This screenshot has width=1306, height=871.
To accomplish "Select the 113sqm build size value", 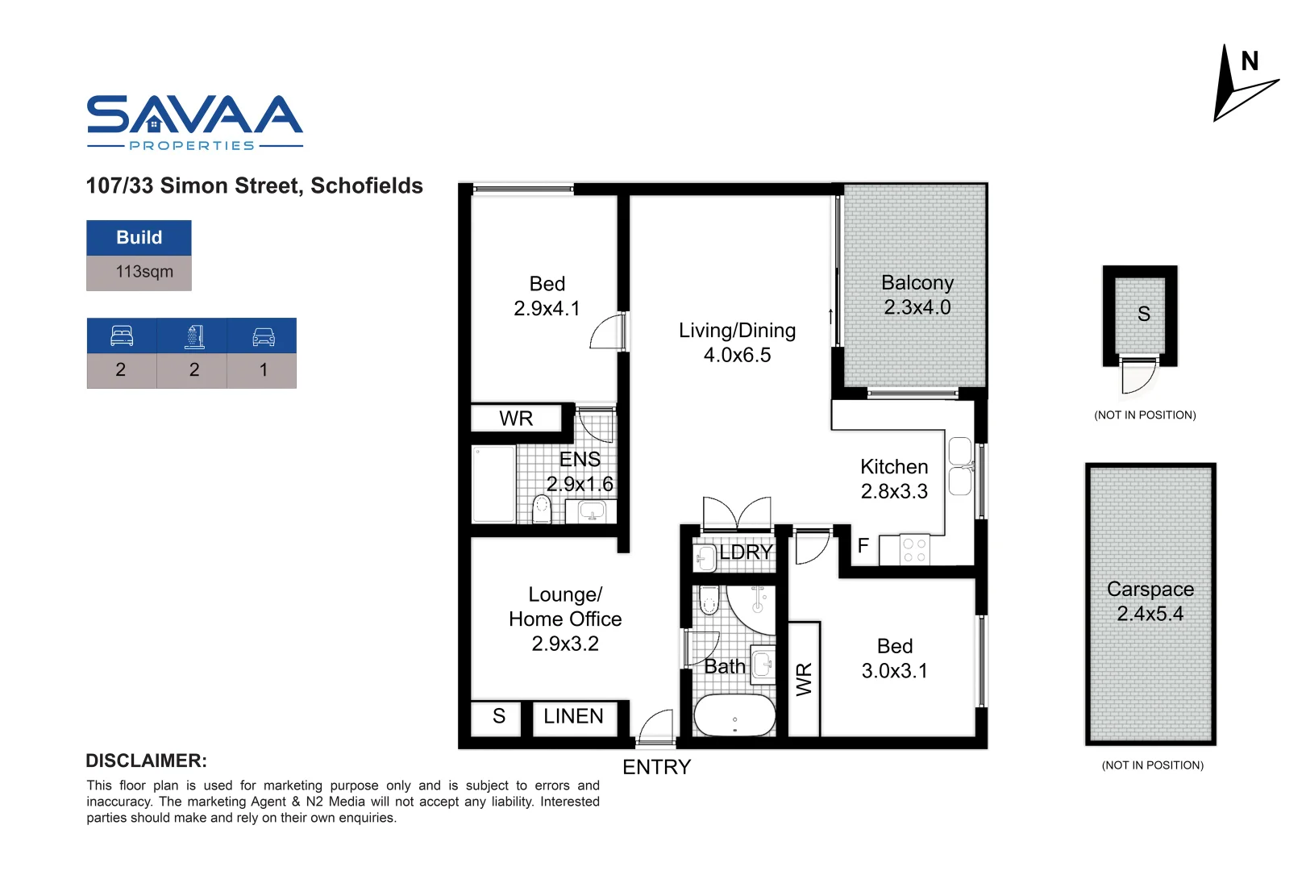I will point(143,272).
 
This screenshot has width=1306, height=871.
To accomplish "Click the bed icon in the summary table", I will point(122,335).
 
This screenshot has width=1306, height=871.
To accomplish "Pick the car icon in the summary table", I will point(263,336).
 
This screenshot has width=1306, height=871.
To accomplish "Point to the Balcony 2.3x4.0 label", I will point(917,295).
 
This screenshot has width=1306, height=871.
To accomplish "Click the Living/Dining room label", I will point(737,342).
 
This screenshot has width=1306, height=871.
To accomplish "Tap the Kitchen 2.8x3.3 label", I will point(894,479).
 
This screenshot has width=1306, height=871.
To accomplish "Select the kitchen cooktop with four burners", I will point(914,550).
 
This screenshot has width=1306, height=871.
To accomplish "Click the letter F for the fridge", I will point(863,546).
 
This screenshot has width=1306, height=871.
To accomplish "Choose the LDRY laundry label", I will point(746,552).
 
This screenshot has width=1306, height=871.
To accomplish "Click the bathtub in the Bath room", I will point(734,715).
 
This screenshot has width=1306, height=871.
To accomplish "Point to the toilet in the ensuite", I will point(542,508).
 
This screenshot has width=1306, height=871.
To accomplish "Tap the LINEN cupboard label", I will point(573,716).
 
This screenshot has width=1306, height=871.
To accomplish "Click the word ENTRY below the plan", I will point(656,767).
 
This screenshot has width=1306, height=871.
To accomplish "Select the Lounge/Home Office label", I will point(565,619).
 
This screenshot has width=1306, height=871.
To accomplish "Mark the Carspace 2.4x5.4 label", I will point(1150,601).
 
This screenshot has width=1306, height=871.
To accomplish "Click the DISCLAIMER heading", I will point(146,761).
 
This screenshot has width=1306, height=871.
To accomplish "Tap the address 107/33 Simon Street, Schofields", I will point(254,185).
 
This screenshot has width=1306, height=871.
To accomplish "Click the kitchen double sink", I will point(960,466).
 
